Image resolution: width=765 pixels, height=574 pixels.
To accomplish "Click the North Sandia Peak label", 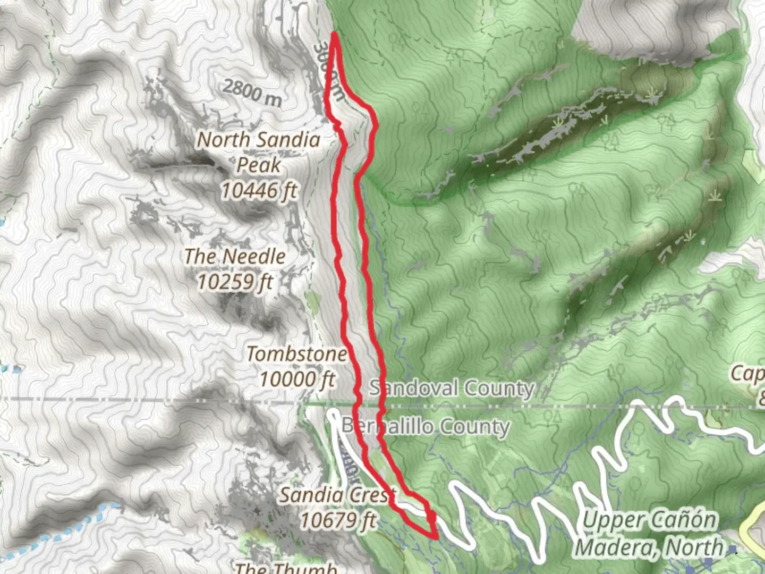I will (259, 152).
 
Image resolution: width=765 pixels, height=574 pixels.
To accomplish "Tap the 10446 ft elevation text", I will (259, 190).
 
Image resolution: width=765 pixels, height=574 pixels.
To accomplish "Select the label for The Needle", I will (235, 257).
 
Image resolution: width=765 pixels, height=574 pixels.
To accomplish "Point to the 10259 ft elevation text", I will (235, 281).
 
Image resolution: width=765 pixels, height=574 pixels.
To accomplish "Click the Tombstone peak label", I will (296, 354).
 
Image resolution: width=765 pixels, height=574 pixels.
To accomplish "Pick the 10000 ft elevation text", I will (297, 379).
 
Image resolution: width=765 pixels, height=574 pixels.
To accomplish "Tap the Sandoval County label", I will (452, 388).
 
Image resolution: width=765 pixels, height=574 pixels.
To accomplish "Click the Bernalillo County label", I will (425, 426).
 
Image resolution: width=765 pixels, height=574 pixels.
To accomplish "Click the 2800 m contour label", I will (252, 92).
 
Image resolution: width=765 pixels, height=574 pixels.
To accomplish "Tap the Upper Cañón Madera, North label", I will (649, 533).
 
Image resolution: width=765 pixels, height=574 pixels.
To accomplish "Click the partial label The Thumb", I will (286, 568).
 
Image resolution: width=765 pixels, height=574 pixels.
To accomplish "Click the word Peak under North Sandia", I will (259, 165).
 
